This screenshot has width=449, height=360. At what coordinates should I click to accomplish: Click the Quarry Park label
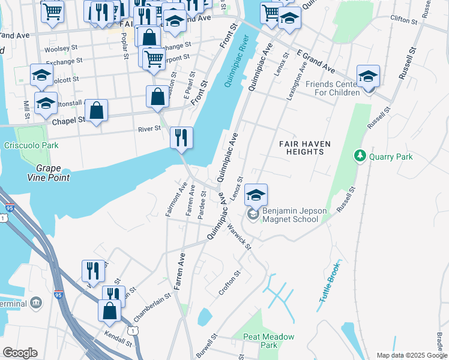point(391,157)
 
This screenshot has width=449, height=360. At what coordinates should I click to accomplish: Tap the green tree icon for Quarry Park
point(360,156)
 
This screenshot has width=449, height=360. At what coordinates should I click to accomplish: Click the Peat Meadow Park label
point(269,341)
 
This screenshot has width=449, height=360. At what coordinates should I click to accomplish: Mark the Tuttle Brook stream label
point(330,286)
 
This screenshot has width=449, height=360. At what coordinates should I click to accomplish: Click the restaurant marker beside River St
point(181,138)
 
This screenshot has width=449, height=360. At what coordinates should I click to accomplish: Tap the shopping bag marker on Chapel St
point(96,111)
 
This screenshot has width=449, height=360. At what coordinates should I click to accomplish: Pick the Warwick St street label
point(238,236)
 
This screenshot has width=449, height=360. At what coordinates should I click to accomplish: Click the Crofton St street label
point(229,282)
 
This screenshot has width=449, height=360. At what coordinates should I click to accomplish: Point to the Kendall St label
point(118,340)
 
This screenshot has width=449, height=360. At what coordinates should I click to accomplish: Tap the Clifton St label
point(403,20)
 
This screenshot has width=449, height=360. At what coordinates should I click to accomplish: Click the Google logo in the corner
point(20,353)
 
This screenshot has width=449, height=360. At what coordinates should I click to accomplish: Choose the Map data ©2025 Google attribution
point(412,355)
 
